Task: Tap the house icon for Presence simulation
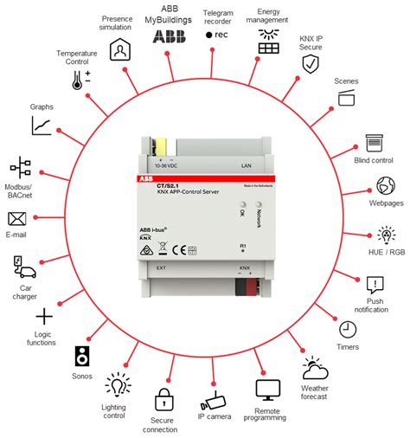click(119, 48)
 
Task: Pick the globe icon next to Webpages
click(385, 187)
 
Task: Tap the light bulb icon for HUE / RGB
click(386, 235)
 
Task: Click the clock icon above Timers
click(347, 329)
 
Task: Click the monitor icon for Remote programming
click(268, 390)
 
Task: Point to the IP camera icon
click(214, 400)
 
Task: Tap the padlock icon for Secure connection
click(163, 400)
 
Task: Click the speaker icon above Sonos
click(83, 355)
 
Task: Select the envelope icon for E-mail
click(17, 218)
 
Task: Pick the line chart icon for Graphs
click(42, 126)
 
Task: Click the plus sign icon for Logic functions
click(43, 317)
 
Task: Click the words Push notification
click(374, 304)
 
